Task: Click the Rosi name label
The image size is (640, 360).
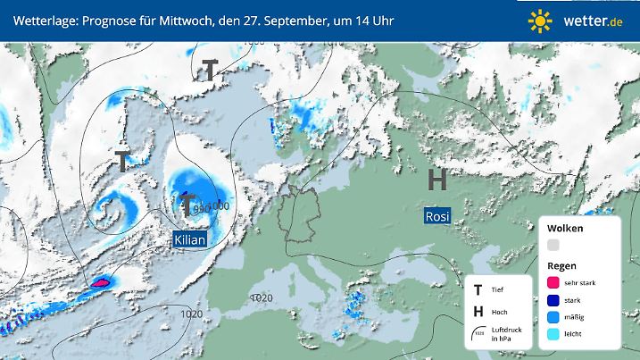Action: pyautogui.click(x=437, y=216)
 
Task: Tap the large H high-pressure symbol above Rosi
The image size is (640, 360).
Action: pyautogui.click(x=437, y=180)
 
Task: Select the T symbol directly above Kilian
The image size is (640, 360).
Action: pyautogui.click(x=188, y=207)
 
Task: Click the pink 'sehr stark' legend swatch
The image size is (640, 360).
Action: pyautogui.click(x=553, y=282)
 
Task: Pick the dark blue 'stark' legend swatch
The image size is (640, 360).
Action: pyautogui.click(x=553, y=299)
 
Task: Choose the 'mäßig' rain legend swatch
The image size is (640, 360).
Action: pyautogui.click(x=553, y=316)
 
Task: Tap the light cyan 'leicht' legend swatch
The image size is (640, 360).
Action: pyautogui.click(x=553, y=334)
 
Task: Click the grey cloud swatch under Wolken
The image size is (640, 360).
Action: pyautogui.click(x=553, y=245)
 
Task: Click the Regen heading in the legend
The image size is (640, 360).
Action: pyautogui.click(x=561, y=265)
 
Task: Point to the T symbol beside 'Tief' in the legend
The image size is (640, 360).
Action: pyautogui.click(x=478, y=289)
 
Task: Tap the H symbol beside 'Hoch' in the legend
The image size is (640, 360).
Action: pyautogui.click(x=478, y=311)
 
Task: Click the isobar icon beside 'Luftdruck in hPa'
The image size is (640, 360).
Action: pyautogui.click(x=479, y=333)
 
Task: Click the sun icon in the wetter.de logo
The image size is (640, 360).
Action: pyautogui.click(x=540, y=20)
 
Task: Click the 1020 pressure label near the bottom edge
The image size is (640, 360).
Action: pyautogui.click(x=190, y=314)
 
